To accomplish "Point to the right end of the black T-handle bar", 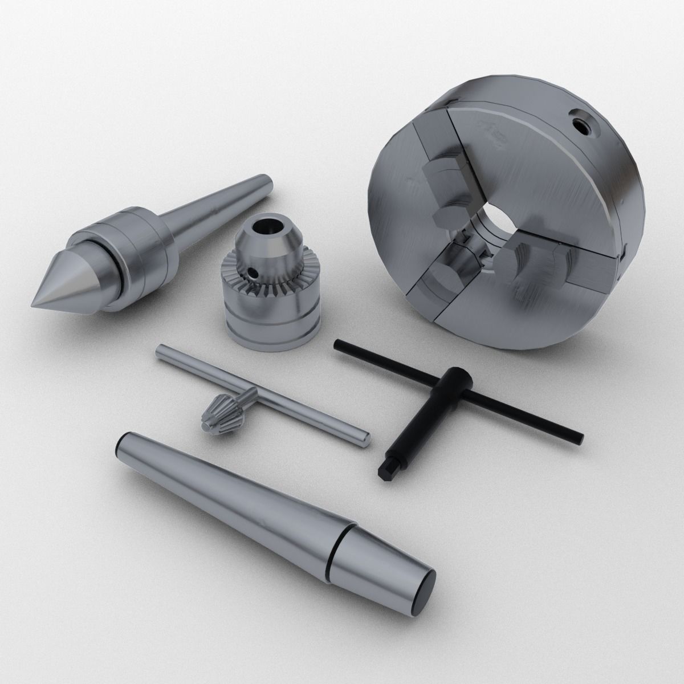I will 579,438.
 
